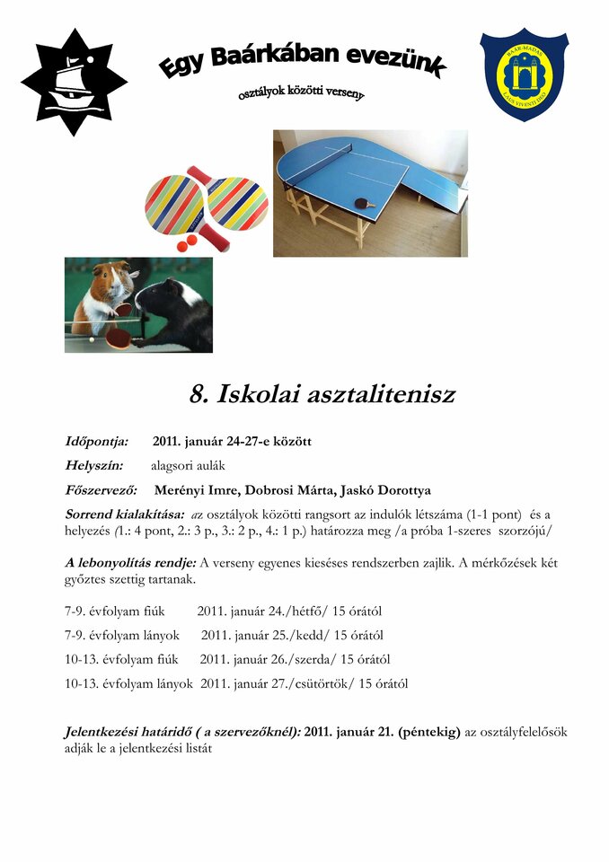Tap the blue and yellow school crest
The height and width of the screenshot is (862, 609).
point(524,74)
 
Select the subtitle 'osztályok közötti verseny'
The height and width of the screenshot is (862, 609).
point(301,92)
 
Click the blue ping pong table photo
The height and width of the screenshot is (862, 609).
point(370,192)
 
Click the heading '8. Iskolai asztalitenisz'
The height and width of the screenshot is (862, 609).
point(322,393)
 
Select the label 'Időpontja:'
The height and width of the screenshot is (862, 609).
point(97,442)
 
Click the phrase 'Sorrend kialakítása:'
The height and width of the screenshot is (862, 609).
point(125,515)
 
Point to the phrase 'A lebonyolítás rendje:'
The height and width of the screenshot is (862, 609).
point(130,563)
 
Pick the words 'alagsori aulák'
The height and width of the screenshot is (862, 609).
point(188,466)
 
